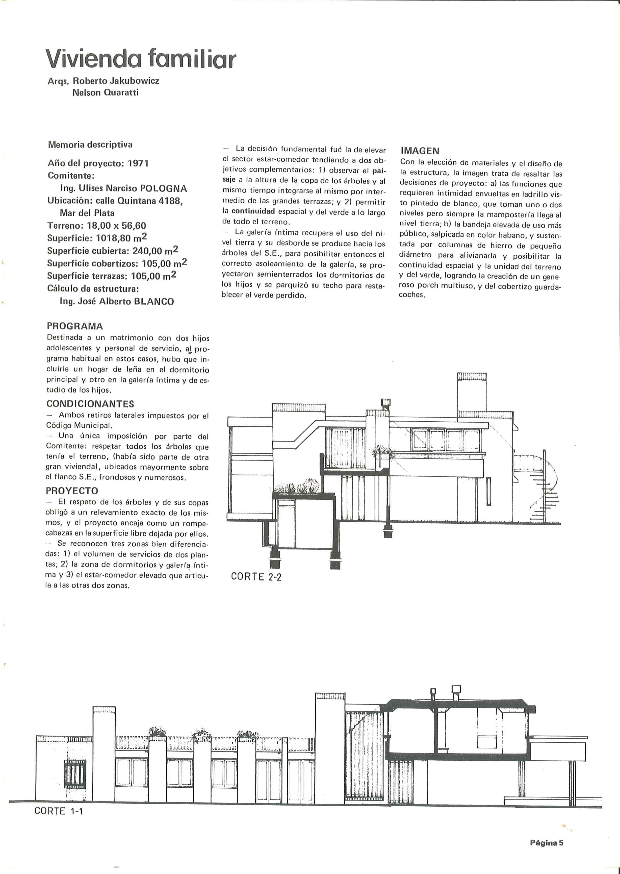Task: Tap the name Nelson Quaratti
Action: [105, 92]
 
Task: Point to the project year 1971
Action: [138, 163]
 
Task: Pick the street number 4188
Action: [167, 201]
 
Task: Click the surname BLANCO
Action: [154, 301]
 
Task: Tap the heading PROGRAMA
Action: [75, 326]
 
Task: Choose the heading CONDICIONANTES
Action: [90, 404]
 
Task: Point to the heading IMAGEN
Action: [420, 151]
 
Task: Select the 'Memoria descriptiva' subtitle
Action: [90, 145]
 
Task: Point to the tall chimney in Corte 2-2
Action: [472, 394]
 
